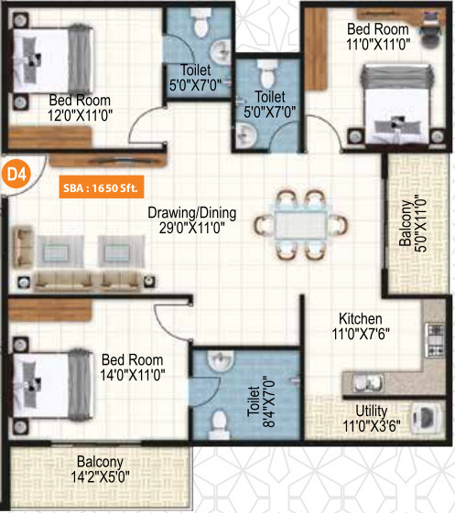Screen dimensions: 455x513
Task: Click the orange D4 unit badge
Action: click(x=16, y=174)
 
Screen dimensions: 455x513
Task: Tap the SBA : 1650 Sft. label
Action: click(x=102, y=187)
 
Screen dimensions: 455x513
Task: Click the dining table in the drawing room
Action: click(x=300, y=225)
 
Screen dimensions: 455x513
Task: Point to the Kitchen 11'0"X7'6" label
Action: click(x=361, y=326)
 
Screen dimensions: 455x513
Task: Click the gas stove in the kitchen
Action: click(x=435, y=339)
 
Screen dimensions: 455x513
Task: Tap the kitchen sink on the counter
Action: click(x=368, y=382)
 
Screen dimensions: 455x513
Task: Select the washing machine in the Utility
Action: click(x=425, y=419)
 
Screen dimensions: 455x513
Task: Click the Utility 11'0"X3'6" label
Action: click(x=372, y=419)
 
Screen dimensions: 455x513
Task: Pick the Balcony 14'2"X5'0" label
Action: click(x=100, y=469)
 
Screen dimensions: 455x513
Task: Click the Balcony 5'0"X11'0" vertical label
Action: click(x=413, y=223)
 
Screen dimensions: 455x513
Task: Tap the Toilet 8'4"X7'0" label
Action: click(x=261, y=401)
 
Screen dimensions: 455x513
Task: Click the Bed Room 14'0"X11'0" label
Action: click(x=133, y=368)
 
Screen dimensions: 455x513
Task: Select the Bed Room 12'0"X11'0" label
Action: click(x=80, y=108)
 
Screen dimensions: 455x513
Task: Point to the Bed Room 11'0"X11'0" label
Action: click(x=378, y=37)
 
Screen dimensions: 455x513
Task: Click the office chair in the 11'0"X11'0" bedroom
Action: click(x=429, y=37)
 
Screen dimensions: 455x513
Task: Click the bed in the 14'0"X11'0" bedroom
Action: click(x=53, y=384)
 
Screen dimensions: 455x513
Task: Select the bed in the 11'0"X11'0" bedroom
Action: click(x=396, y=103)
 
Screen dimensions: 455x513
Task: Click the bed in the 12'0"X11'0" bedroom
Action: click(x=53, y=59)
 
